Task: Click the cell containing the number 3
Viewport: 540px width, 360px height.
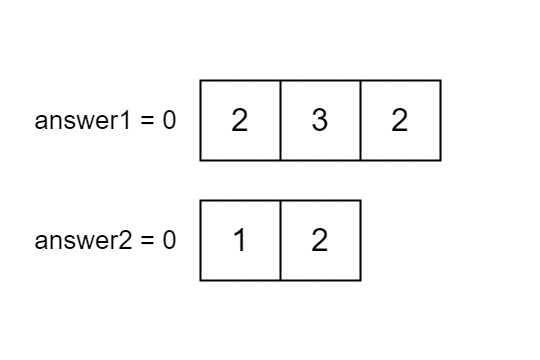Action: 320,120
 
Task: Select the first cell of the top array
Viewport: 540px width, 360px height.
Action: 240,120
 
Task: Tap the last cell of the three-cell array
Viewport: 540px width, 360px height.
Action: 400,120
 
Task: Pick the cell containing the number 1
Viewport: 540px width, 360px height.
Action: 240,240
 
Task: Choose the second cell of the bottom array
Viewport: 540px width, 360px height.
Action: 320,240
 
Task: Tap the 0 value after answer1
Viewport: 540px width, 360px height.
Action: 169,121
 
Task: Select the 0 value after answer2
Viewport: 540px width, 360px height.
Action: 169,241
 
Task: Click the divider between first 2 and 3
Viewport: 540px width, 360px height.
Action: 280,120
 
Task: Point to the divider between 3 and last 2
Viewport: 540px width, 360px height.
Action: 360,120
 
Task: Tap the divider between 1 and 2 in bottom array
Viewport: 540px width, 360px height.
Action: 280,240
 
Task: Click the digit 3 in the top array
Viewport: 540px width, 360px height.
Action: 320,121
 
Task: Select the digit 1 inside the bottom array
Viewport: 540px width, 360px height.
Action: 240,241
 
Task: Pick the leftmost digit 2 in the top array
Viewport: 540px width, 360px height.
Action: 240,121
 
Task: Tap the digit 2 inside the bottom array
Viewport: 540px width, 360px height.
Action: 320,241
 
